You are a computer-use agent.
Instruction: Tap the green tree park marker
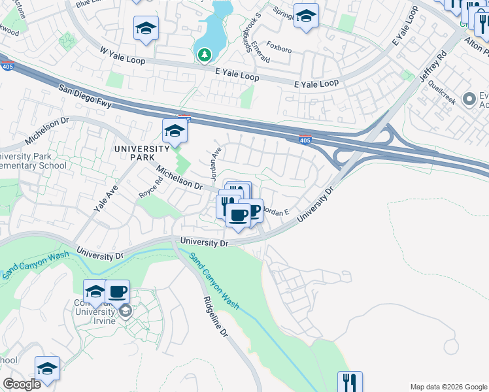click(205, 54)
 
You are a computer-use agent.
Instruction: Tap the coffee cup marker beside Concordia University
click(118, 291)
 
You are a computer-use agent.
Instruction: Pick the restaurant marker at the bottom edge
click(350, 382)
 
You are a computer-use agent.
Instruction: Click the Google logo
click(22, 384)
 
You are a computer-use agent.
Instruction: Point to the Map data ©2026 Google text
click(448, 387)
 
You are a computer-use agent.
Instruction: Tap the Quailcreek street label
click(442, 98)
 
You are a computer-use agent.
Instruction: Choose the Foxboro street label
click(279, 48)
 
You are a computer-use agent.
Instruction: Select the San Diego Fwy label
click(86, 95)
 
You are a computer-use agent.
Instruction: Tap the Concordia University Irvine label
click(104, 314)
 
